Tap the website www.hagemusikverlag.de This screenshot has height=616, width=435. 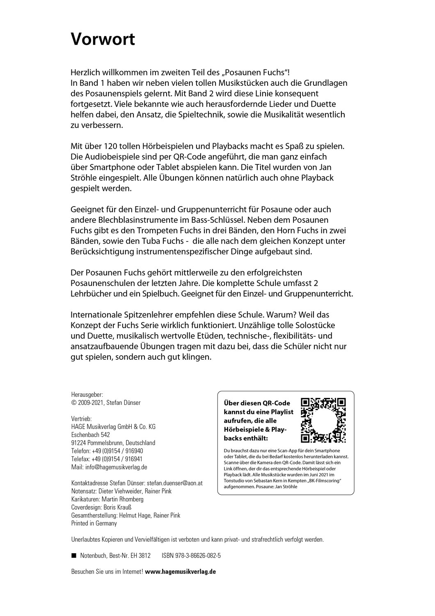click(x=180, y=572)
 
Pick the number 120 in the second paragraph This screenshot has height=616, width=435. click(x=105, y=146)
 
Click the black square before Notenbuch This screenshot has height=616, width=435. click(x=74, y=556)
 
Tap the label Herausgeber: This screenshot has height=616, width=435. click(x=87, y=394)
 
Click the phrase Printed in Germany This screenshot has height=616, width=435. click(x=94, y=523)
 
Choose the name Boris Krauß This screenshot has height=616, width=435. click(x=119, y=507)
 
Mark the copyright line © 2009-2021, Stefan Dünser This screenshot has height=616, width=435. click(x=106, y=402)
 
